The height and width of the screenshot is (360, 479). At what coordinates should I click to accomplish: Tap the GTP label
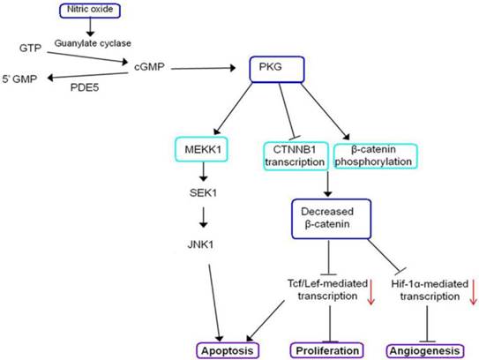[30, 45]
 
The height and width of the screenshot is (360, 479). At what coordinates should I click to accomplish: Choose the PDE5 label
[85, 88]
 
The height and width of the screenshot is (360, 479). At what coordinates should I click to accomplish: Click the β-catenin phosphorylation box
[374, 155]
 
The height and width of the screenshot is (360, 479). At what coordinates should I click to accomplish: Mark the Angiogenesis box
[424, 349]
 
